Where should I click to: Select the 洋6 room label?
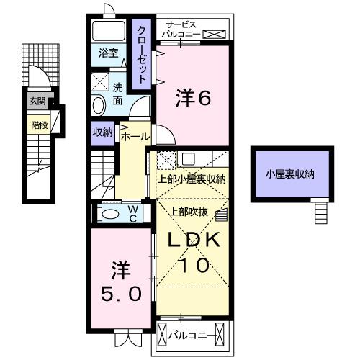click(x=193, y=99)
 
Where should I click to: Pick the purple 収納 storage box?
click(x=102, y=132)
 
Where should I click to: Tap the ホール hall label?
click(x=135, y=135)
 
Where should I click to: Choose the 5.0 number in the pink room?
click(x=120, y=292)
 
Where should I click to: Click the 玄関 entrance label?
click(x=37, y=102)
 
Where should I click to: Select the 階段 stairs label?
click(x=39, y=125)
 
